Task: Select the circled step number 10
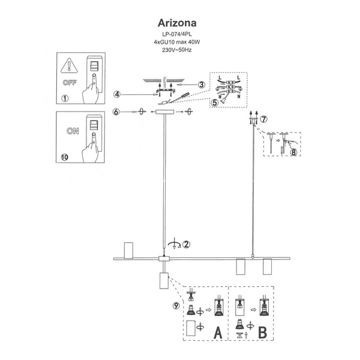(x=65, y=157)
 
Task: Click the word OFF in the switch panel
(x=69, y=79)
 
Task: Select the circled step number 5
(x=215, y=102)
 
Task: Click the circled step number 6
(x=118, y=112)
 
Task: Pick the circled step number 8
(x=293, y=152)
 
